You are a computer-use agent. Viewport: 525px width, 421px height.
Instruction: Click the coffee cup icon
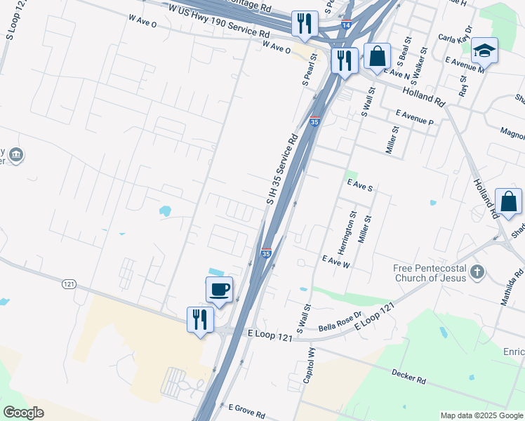219,288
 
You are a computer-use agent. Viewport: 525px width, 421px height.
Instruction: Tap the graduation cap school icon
484,51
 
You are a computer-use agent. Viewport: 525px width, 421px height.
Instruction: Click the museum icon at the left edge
18,154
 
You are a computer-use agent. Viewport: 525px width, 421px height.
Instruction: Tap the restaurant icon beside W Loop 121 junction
200,319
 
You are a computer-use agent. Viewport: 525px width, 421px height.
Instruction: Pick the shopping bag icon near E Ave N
377,57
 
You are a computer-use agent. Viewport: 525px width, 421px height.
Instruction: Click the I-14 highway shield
345,25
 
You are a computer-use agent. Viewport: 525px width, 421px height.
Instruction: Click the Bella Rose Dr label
339,321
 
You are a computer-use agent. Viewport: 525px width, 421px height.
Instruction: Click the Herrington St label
344,234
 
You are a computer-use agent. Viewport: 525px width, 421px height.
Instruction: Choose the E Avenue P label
414,116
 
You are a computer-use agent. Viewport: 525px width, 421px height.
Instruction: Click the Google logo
24,413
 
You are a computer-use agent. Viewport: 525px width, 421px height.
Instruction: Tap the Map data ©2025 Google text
481,415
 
